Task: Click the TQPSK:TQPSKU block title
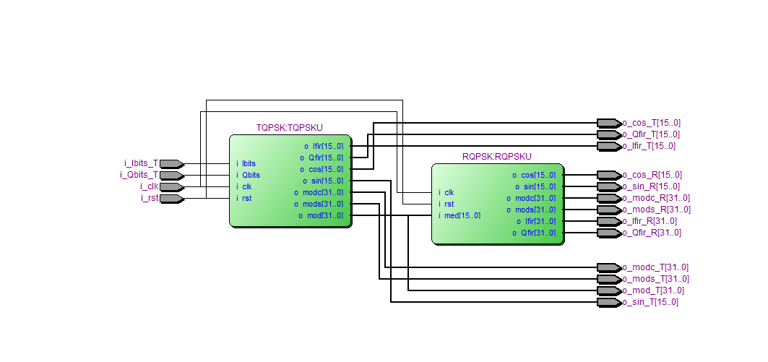tap(289, 128)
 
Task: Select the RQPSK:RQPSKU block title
tap(496, 157)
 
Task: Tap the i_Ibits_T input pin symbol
tap(171, 163)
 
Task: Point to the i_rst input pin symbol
tap(171, 198)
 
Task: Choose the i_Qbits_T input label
tap(139, 175)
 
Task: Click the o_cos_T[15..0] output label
tap(651, 123)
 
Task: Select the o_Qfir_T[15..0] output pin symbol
tap(608, 134)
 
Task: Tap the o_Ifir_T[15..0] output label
tap(649, 146)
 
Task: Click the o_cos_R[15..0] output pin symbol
tap(608, 175)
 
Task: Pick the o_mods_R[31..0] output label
tap(656, 210)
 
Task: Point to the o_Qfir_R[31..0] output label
tap(652, 233)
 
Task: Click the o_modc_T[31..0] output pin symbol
tap(608, 267)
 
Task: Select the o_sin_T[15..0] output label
tap(650, 302)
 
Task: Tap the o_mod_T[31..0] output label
tap(653, 290)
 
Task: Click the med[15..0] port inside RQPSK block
tap(462, 215)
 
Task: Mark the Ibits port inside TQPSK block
tap(249, 163)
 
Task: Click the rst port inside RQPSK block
tap(449, 204)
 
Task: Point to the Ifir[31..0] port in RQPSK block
tap(537, 221)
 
